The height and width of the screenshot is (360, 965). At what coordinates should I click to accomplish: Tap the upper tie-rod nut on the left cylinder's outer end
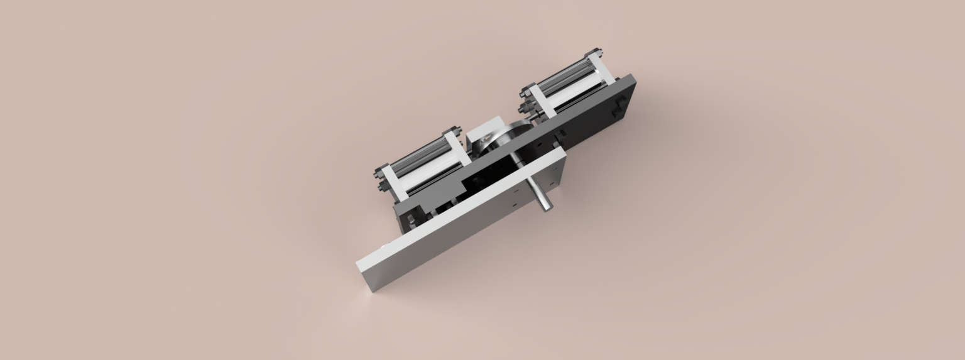(379, 171)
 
